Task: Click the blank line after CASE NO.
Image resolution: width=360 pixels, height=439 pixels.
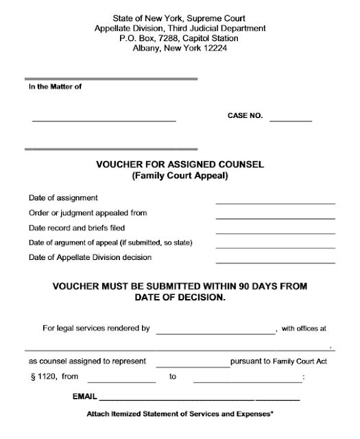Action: (x=291, y=121)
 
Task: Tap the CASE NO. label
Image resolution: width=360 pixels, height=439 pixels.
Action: (x=245, y=116)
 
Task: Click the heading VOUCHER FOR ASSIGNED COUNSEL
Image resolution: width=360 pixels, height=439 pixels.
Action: (x=179, y=165)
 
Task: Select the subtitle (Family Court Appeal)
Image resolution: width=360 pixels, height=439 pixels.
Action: (x=180, y=176)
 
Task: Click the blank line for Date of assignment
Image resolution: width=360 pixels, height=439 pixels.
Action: (x=275, y=202)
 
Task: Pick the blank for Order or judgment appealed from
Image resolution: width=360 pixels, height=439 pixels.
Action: (x=275, y=217)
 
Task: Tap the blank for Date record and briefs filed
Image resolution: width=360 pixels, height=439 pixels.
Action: (x=275, y=233)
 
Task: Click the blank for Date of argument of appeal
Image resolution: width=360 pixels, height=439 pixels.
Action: (x=275, y=247)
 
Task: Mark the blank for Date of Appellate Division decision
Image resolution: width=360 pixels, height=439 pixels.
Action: (x=275, y=262)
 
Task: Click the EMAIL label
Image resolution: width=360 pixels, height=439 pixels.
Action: (x=84, y=397)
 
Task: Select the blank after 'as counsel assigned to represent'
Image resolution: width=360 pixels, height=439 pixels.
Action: (x=193, y=364)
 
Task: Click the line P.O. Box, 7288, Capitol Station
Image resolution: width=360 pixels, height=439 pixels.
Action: (x=180, y=38)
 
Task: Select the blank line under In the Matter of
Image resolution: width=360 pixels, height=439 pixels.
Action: (x=104, y=121)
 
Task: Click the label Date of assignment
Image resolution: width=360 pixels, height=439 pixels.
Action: (x=63, y=198)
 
